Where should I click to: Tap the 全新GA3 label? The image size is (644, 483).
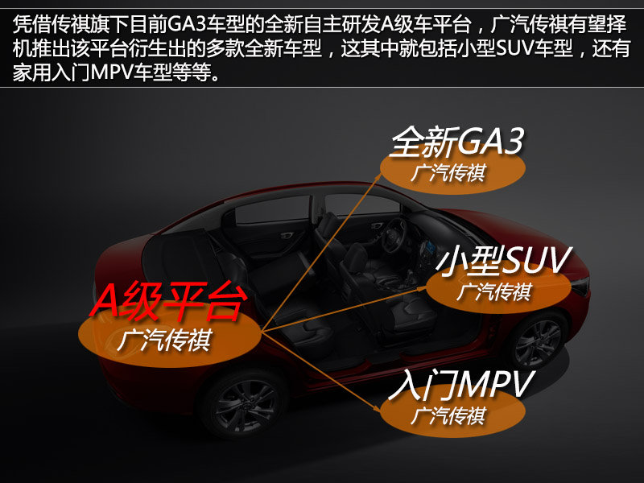click(456, 142)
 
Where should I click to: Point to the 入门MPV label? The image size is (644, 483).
click(460, 384)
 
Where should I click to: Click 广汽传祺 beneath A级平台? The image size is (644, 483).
click(164, 340)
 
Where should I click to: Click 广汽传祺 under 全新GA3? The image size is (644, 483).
click(448, 173)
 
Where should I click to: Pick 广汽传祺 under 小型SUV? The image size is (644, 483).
click(494, 292)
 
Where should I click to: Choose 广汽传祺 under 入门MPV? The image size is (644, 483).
click(448, 415)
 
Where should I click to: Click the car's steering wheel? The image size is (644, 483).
click(394, 235)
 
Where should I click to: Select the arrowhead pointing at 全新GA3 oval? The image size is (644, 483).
click(378, 176)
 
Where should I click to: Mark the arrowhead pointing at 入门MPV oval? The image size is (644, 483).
click(375, 408)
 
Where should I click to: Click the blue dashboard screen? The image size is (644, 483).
click(430, 247)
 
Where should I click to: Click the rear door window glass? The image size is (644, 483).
click(273, 210)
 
